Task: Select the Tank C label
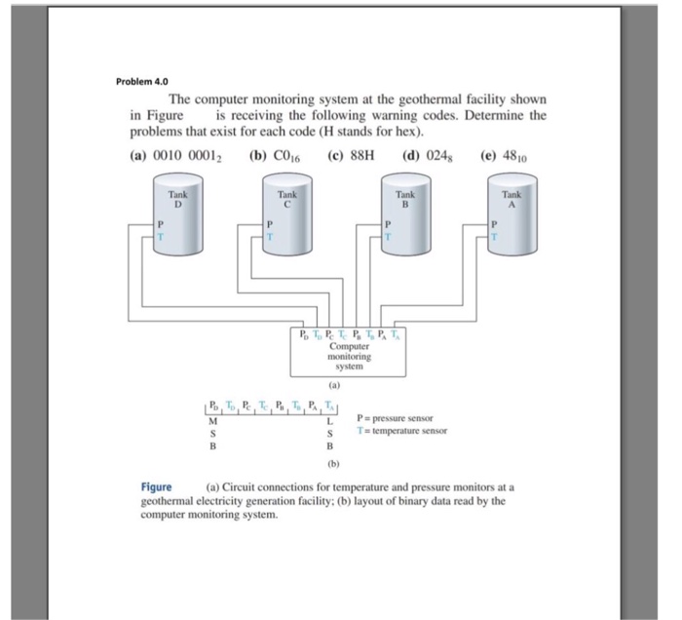point(287,199)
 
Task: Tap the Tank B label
point(405,199)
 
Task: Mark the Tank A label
point(511,199)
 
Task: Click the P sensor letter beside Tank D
point(162,224)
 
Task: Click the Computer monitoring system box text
point(349,358)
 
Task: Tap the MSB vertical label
point(212,433)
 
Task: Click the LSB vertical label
point(330,433)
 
